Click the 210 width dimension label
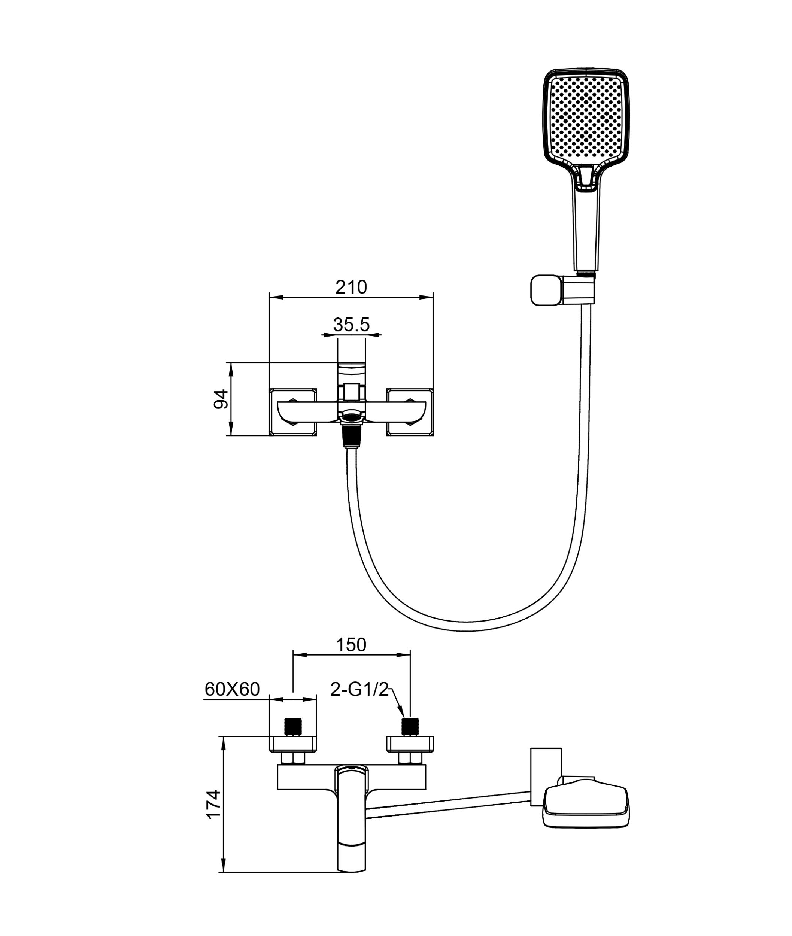[x=351, y=287]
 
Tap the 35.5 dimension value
[x=351, y=325]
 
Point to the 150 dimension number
[x=351, y=645]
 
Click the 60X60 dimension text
[x=232, y=689]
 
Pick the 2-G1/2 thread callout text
[x=359, y=689]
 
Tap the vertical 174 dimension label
[x=214, y=804]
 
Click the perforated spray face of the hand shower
[x=586, y=118]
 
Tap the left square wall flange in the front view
[x=293, y=412]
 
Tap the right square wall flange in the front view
[x=410, y=412]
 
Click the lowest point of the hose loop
[x=467, y=627]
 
